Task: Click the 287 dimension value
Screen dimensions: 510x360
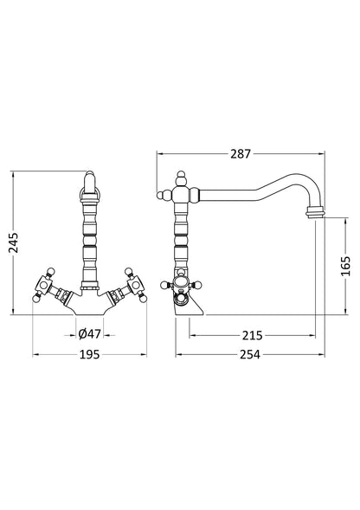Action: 241,155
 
